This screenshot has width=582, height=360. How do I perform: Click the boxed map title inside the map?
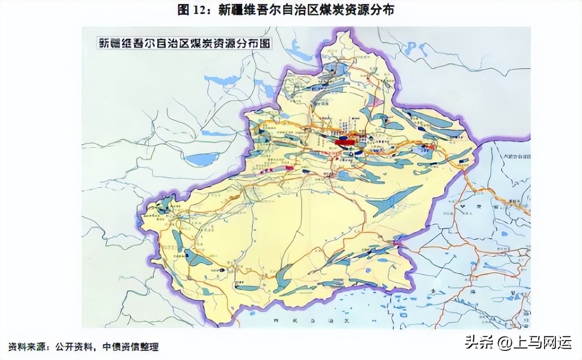click(x=185, y=44)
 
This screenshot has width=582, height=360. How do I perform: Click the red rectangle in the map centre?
click(x=344, y=142)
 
